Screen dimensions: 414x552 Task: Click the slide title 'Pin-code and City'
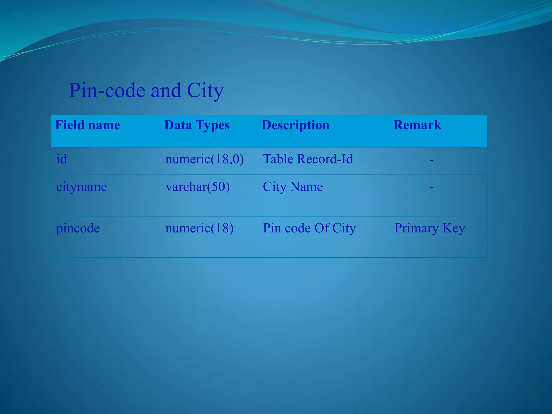click(x=146, y=91)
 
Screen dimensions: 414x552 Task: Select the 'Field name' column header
click(x=88, y=125)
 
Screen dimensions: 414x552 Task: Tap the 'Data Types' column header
click(x=197, y=125)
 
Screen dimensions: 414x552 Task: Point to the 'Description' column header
click(x=296, y=125)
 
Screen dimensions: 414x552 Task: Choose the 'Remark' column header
click(x=417, y=125)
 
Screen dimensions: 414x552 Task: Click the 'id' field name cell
click(x=61, y=159)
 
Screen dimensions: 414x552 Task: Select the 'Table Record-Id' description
click(x=308, y=159)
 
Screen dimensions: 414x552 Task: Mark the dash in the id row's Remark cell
click(x=431, y=160)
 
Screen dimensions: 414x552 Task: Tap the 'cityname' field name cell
click(x=81, y=187)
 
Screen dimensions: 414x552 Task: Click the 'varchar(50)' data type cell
click(x=198, y=187)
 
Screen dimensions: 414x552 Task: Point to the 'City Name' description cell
click(x=293, y=187)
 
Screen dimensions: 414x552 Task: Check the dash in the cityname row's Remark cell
click(x=431, y=187)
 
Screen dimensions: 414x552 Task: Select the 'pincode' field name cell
click(x=78, y=228)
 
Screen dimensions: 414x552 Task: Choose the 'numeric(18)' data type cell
click(x=199, y=228)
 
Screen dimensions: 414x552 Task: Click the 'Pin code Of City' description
click(x=309, y=228)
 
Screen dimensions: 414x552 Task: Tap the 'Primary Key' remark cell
click(x=430, y=228)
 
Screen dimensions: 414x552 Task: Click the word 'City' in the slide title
click(x=205, y=91)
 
